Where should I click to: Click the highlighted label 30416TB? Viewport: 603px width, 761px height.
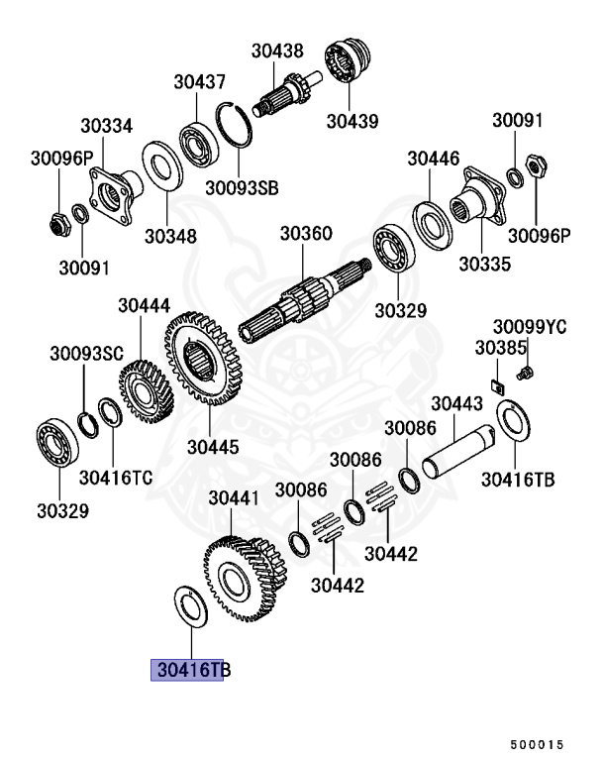[x=188, y=671]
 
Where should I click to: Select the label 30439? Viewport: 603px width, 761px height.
[x=354, y=122]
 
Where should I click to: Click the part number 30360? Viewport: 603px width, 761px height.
[x=306, y=235]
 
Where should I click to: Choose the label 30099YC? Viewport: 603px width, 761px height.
[x=530, y=327]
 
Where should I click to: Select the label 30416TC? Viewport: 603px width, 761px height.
[x=116, y=478]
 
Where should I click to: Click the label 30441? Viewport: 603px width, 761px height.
[x=233, y=499]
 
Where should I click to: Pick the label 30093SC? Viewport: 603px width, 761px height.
[x=87, y=353]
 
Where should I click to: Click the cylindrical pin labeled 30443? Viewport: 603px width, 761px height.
[x=462, y=449]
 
